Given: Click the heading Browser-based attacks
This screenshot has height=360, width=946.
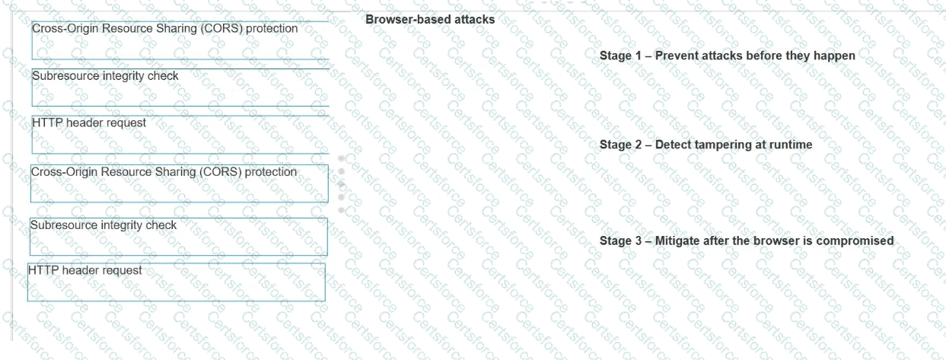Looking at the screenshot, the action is tap(430, 20).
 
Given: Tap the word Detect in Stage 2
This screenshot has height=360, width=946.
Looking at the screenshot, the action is tap(674, 145).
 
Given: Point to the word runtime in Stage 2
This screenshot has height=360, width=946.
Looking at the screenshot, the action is tap(792, 145).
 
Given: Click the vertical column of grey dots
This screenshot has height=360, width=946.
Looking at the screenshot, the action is tap(341, 184).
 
